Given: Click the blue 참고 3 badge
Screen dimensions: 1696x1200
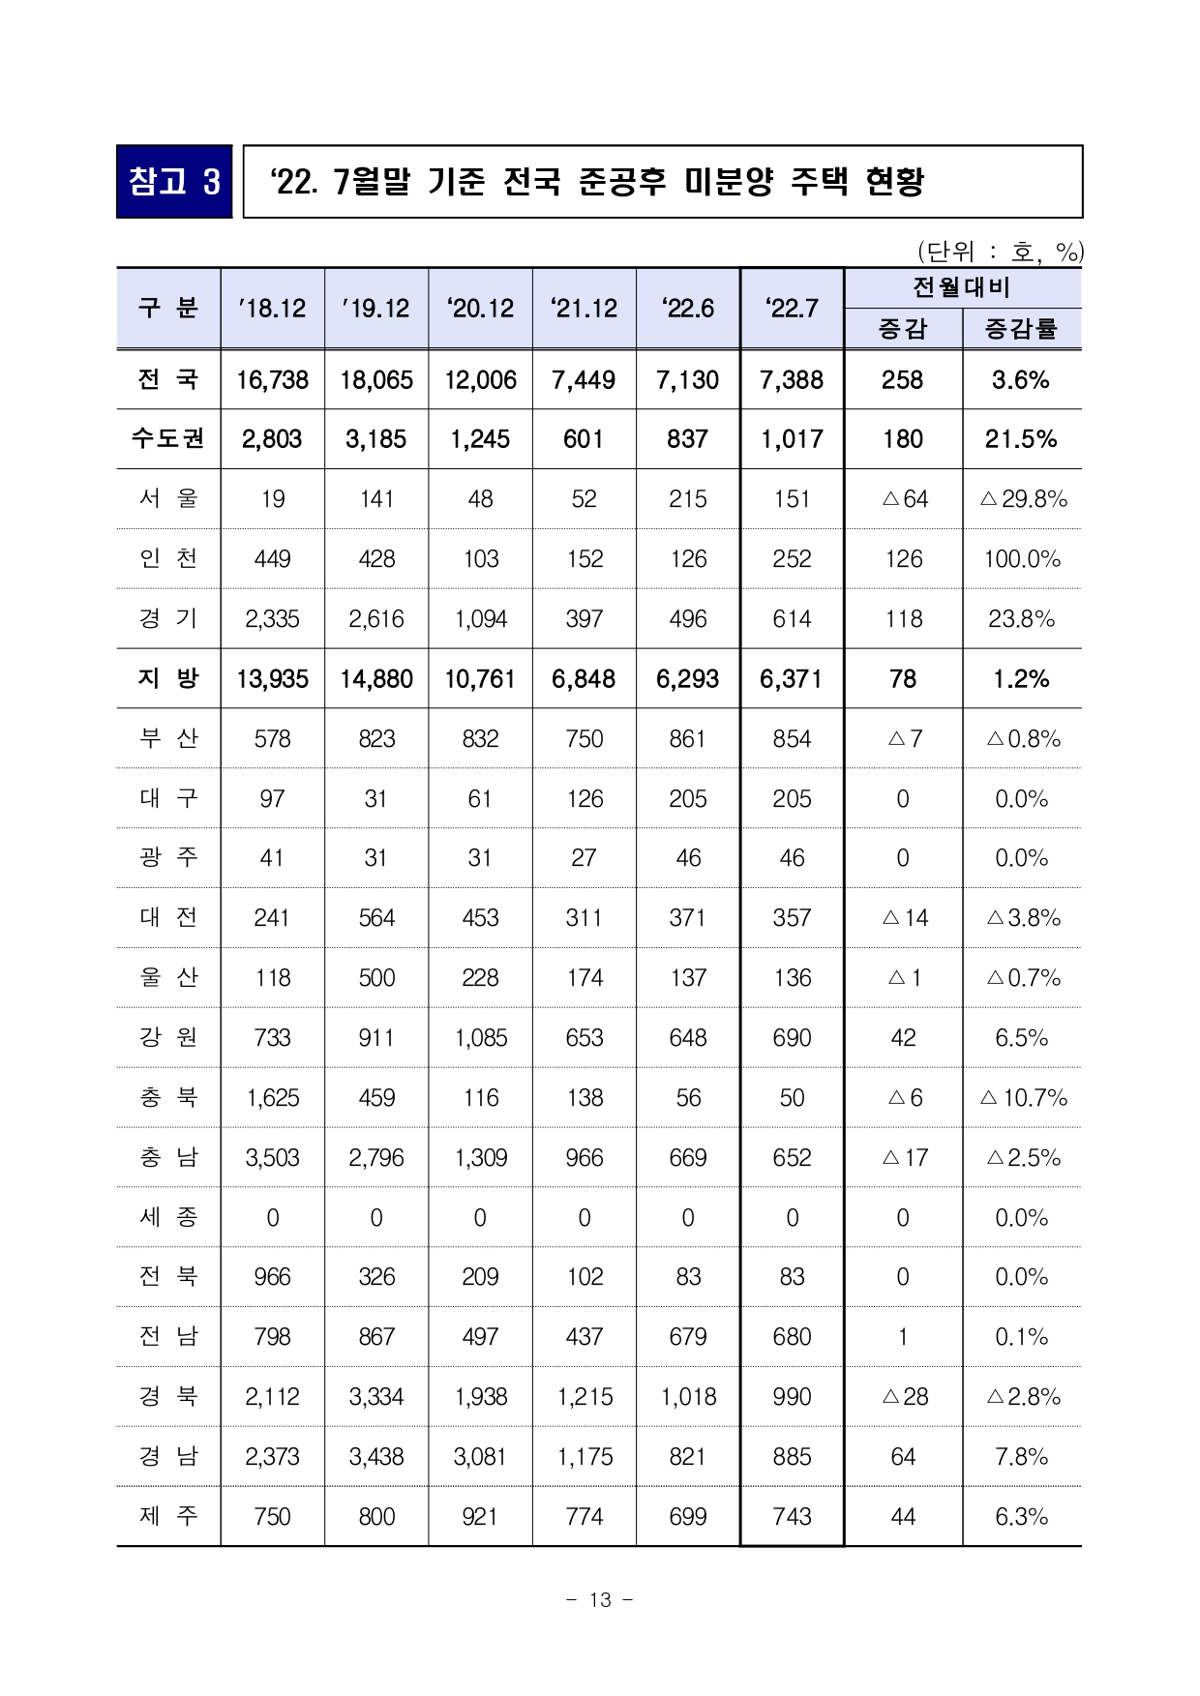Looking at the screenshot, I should point(174,182).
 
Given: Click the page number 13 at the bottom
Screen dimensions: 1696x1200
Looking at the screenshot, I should point(600,1600).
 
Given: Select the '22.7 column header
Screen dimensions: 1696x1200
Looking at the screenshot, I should point(792,309).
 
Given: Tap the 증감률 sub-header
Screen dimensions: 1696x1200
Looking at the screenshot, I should point(1021,329).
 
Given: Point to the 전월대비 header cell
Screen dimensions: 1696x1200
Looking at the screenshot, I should point(962,287).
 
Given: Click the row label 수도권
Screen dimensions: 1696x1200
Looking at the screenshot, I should point(168,439).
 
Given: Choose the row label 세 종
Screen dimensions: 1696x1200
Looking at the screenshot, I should point(168,1217).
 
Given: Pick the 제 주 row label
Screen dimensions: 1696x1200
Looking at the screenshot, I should point(168,1516).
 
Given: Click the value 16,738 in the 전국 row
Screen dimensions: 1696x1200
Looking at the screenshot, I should point(272,380).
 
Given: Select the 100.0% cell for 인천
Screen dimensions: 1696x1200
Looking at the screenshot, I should point(1022,559).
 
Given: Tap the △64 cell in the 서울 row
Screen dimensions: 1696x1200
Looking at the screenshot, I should point(904,499).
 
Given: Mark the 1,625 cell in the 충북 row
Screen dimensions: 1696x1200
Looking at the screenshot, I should point(272,1098).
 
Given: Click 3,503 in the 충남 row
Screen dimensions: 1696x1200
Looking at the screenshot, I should point(272,1158).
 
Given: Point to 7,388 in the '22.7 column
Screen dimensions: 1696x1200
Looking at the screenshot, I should point(792,380).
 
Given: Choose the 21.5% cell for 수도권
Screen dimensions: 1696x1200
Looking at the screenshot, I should point(1021,439).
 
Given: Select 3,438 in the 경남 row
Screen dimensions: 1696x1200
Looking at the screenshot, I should point(376,1457).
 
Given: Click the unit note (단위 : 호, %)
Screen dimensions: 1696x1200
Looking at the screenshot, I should point(1000,253).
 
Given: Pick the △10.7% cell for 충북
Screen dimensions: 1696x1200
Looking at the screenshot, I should point(1023,1098).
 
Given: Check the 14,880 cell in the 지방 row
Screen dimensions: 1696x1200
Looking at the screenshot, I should point(376,679).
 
